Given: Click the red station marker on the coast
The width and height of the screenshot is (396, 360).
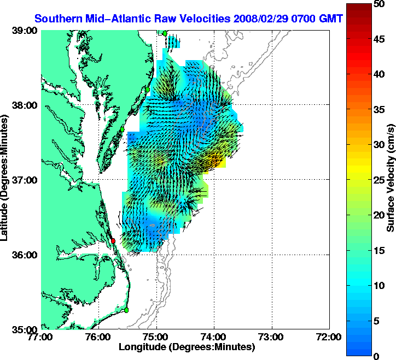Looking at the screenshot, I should [113, 240].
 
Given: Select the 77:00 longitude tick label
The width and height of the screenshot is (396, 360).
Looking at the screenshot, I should [42, 337].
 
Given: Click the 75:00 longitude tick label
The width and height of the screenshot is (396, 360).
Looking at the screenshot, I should [157, 337].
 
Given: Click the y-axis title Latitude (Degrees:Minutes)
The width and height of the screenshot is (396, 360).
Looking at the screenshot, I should [6, 180].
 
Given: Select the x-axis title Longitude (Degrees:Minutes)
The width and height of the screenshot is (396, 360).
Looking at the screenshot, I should [187, 347].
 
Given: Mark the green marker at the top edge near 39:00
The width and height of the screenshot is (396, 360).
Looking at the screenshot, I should [165, 33].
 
